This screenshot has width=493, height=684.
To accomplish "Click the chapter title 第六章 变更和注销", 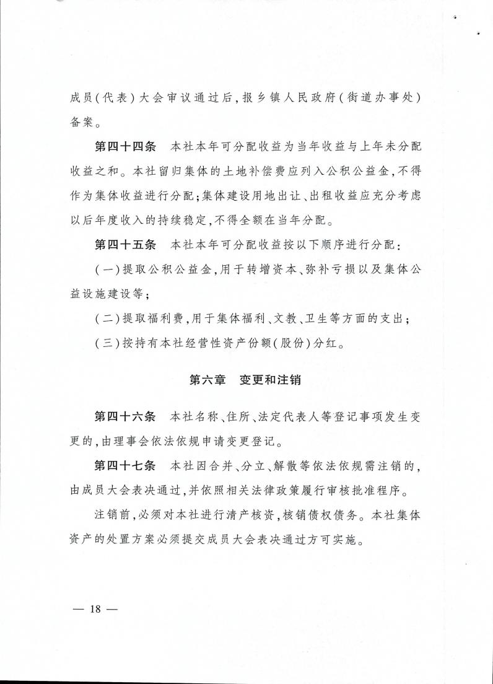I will pos(245,380).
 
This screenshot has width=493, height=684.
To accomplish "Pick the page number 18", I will pos(94,608).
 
